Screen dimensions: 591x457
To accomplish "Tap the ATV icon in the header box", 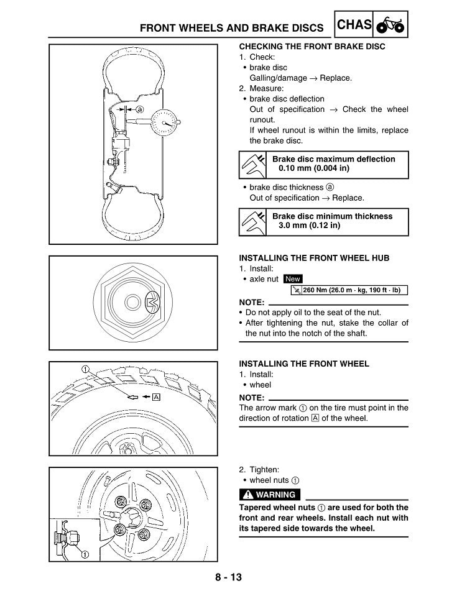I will click(x=390, y=25).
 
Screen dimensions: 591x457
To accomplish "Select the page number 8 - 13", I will click(x=228, y=577).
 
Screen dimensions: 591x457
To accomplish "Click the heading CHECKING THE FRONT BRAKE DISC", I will click(x=312, y=47).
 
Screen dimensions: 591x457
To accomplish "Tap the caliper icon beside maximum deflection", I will click(x=253, y=164).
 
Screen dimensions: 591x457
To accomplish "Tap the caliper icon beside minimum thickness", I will click(x=253, y=221).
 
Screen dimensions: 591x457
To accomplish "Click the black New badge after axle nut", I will click(x=292, y=280).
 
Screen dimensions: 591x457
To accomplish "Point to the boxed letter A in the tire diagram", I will click(x=156, y=397).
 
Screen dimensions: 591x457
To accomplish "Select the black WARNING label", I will click(x=270, y=495).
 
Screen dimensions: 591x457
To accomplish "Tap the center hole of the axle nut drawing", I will click(x=132, y=303).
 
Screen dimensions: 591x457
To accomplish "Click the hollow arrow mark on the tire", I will click(x=132, y=397).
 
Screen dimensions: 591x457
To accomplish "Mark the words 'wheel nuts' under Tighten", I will click(x=269, y=480).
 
